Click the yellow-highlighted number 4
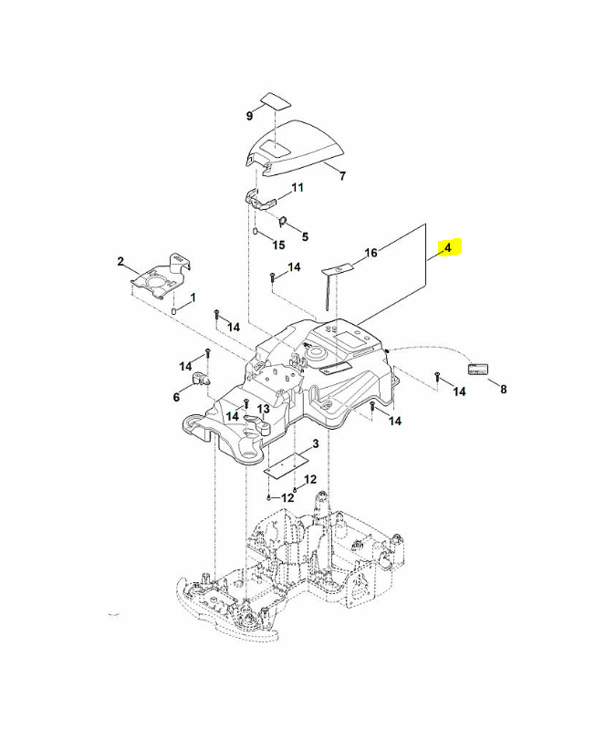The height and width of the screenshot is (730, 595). pyautogui.click(x=448, y=247)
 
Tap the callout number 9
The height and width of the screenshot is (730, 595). pyautogui.click(x=249, y=116)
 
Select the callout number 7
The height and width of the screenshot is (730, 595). pyautogui.click(x=342, y=176)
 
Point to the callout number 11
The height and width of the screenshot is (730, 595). pyautogui.click(x=297, y=187)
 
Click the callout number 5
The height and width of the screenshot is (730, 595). pyautogui.click(x=305, y=236)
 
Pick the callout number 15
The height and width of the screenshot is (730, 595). pyautogui.click(x=278, y=245)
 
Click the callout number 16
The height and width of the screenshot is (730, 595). pyautogui.click(x=371, y=253)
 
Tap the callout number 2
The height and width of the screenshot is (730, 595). pyautogui.click(x=120, y=261)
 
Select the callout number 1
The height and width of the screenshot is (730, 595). pyautogui.click(x=193, y=297)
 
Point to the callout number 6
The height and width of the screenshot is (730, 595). pyautogui.click(x=176, y=397)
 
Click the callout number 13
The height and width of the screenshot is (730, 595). pyautogui.click(x=264, y=409)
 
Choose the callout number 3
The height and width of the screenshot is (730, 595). pyautogui.click(x=315, y=443)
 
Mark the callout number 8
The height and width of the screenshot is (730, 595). pyautogui.click(x=503, y=389)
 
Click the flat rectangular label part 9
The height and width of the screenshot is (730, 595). pyautogui.click(x=276, y=101)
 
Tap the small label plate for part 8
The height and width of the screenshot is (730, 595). pyautogui.click(x=477, y=370)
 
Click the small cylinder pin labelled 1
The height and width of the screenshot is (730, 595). pyautogui.click(x=174, y=311)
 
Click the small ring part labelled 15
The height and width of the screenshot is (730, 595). pyautogui.click(x=256, y=231)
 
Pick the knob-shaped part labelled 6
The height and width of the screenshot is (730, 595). pyautogui.click(x=200, y=379)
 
